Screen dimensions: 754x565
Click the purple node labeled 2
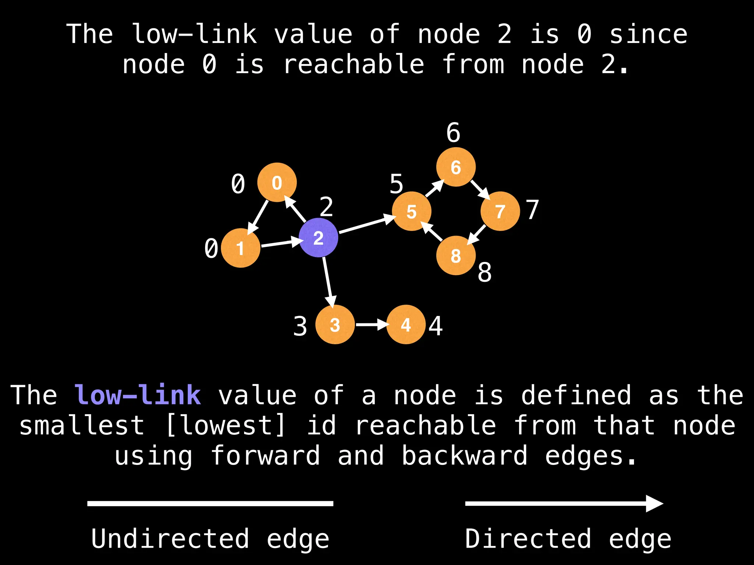[318, 238]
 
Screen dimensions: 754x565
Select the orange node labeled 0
[277, 182]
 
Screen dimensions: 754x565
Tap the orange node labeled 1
[240, 248]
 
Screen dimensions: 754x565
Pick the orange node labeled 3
[335, 324]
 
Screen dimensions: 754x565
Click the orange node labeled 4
[406, 324]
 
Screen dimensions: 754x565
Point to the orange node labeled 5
[411, 211]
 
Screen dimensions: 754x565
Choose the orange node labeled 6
[456, 167]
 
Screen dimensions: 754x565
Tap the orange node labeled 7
[500, 211]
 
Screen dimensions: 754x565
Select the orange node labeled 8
[456, 255]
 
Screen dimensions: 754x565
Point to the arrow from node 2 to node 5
[366, 225]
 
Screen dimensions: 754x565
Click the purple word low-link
[138, 395]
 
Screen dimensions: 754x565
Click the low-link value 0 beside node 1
[211, 248]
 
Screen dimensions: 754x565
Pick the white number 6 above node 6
[453, 132]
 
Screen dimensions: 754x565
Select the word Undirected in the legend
[170, 539]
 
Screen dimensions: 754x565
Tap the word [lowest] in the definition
[225, 425]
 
